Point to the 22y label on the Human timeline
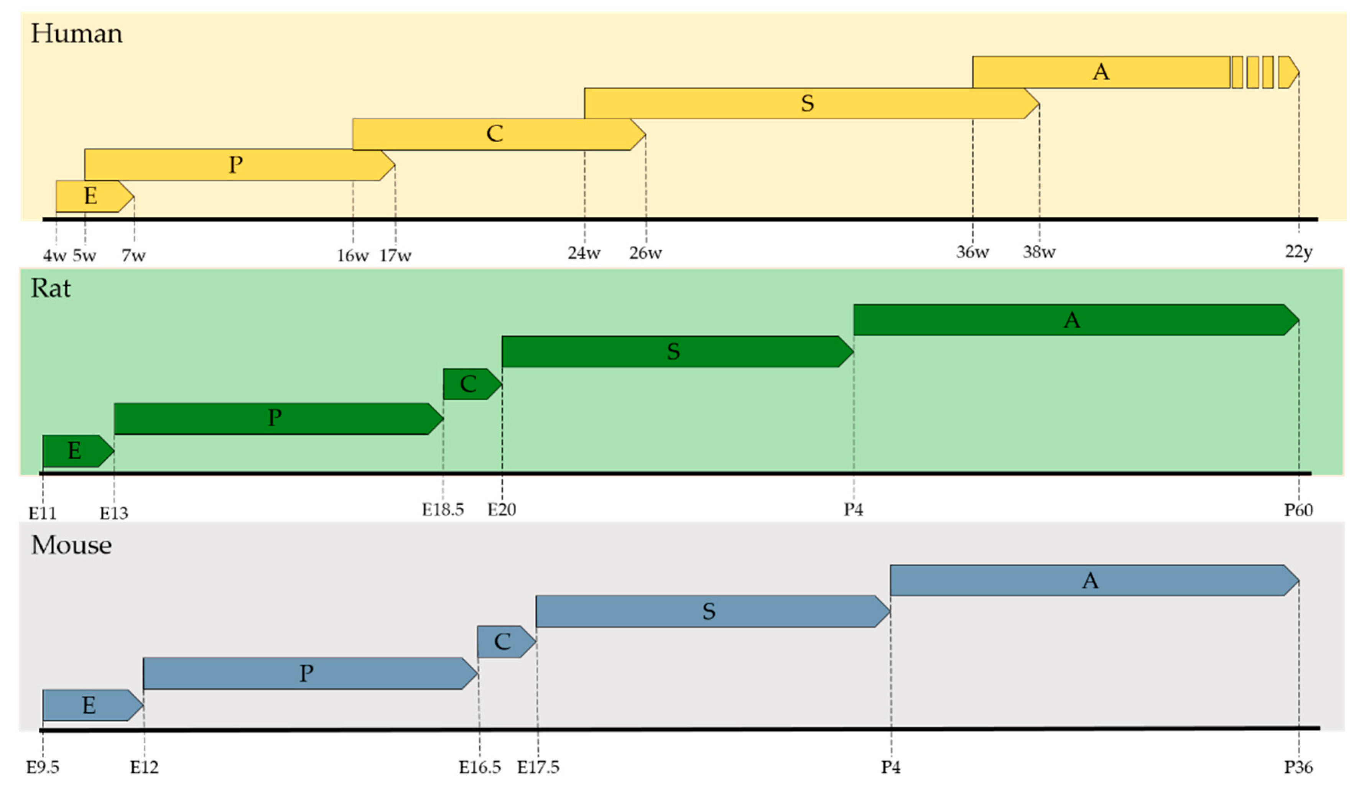pos(1298,252)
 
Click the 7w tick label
pos(133,255)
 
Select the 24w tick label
pos(584,252)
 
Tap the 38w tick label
pos(1039,252)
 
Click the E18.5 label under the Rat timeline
pos(443,510)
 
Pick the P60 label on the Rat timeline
pos(1298,510)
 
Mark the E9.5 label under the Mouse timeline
pos(43,767)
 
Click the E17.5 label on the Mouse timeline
pos(538,767)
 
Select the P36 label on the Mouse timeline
pos(1298,767)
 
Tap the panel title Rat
pos(50,288)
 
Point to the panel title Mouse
pos(71,545)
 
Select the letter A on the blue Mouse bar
pos(1090,581)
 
